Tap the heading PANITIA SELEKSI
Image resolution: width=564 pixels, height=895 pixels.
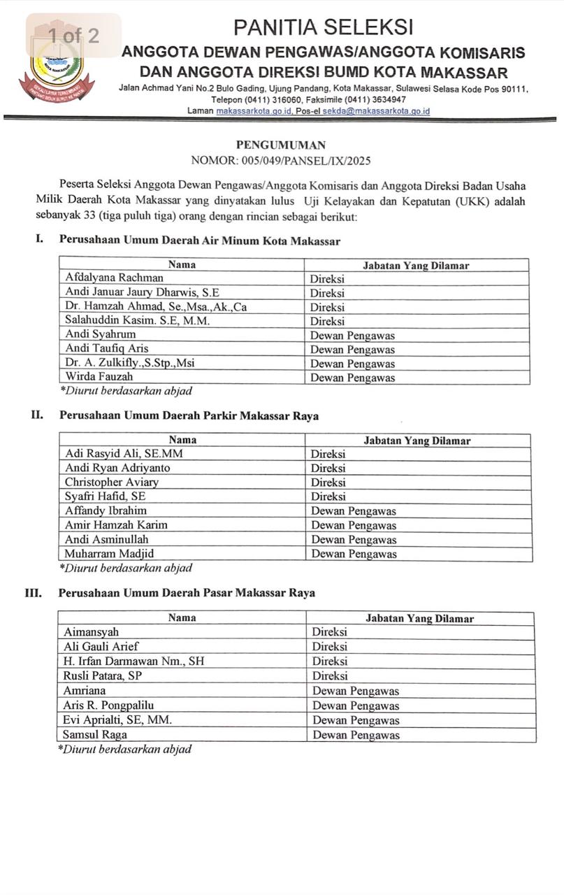[323, 27]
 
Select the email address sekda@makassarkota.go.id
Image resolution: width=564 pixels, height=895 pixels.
[375, 110]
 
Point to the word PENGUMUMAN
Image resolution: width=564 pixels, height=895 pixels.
[281, 145]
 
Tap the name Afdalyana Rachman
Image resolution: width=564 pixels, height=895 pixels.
[115, 278]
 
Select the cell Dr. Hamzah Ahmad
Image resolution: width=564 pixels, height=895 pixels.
[156, 306]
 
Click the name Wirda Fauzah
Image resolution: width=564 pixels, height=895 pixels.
[100, 377]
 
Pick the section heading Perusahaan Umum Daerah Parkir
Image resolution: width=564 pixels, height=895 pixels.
[189, 415]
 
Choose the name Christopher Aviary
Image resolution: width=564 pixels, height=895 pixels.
[112, 482]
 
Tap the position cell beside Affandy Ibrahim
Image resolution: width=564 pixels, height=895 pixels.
[354, 510]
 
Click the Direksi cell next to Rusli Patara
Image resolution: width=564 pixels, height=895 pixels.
[330, 675]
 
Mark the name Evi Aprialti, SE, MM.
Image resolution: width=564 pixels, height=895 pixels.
[117, 719]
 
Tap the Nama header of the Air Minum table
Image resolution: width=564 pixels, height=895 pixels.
[182, 264]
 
